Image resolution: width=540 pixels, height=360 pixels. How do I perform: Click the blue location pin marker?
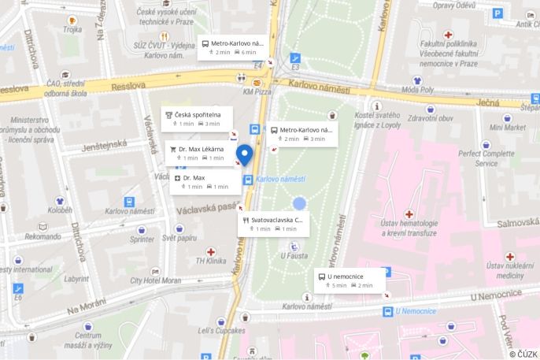coord(245,154)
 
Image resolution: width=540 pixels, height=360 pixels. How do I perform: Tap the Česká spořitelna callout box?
coord(197,118)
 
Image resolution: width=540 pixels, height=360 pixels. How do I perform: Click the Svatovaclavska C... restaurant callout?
coord(273,224)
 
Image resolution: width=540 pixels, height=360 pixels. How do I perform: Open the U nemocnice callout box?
coord(350,280)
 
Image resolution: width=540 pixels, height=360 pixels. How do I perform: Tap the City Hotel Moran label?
coord(156,280)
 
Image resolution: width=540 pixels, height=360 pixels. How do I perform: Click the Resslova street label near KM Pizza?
coord(129,85)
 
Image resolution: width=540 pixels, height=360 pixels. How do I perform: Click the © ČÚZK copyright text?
coord(523,354)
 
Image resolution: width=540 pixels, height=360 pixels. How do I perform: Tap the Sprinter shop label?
coord(142,239)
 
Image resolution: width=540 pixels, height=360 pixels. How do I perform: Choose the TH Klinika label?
coord(211,261)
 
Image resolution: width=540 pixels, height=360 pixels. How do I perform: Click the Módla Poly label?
coord(417,90)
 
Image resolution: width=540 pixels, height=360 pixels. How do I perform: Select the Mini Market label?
coord(508,127)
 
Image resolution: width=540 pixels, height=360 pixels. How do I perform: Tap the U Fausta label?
coord(294,255)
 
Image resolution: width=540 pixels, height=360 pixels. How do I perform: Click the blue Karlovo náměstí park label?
coord(280,179)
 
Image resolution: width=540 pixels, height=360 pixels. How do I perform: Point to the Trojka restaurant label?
coord(72,29)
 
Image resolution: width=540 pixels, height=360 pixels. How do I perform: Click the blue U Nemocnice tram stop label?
coord(415,311)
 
